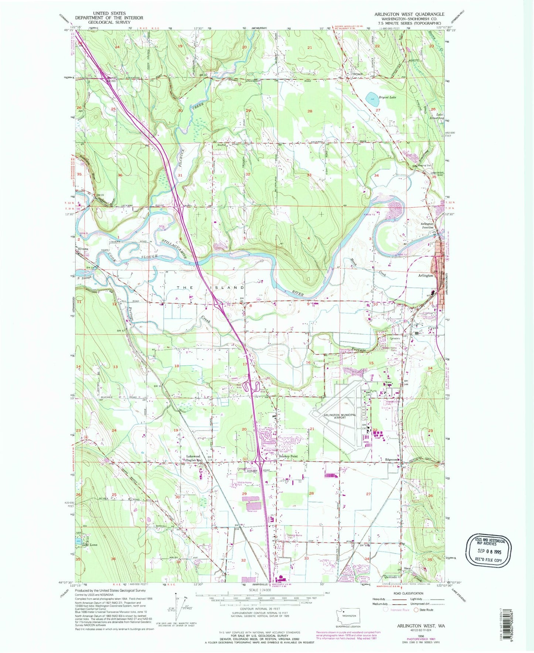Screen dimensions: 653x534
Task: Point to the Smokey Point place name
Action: (x=288, y=456)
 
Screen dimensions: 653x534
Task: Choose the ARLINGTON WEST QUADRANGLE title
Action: (x=409, y=14)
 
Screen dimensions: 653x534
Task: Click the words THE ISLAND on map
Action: (x=210, y=288)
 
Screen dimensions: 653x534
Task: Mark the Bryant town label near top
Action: (x=357, y=74)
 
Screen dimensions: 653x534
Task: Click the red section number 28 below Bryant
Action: (x=310, y=111)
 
